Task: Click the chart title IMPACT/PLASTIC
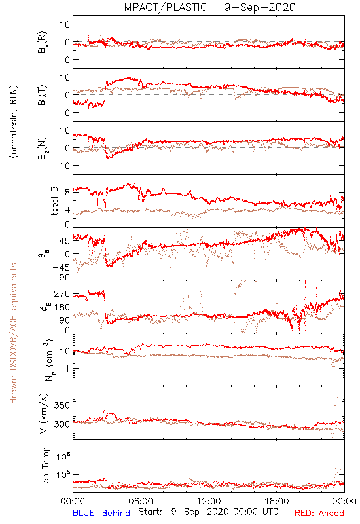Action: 164,7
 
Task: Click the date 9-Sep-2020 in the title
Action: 260,7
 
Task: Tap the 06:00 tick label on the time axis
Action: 141,501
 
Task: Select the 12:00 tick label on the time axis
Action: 209,501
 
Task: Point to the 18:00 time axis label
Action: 277,501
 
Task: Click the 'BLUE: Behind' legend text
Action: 101,513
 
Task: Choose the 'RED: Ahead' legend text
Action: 319,513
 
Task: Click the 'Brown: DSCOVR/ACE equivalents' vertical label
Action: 13,333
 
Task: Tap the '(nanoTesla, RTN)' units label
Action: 14,122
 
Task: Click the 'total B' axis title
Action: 54,201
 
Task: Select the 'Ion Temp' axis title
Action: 45,466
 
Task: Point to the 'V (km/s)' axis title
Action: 44,413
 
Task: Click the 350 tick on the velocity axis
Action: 62,405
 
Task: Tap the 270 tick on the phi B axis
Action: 62,293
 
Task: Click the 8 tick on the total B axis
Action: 67,193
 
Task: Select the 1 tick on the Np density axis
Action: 68,369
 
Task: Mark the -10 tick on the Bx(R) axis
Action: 61,60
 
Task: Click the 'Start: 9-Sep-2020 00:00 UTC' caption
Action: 208,512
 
